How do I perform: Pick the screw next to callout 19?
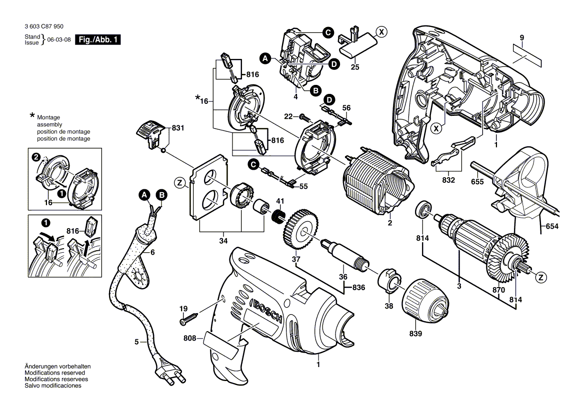point(189,316)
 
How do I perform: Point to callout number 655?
point(477,182)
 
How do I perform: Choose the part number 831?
point(177,128)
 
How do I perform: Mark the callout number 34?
point(223,241)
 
